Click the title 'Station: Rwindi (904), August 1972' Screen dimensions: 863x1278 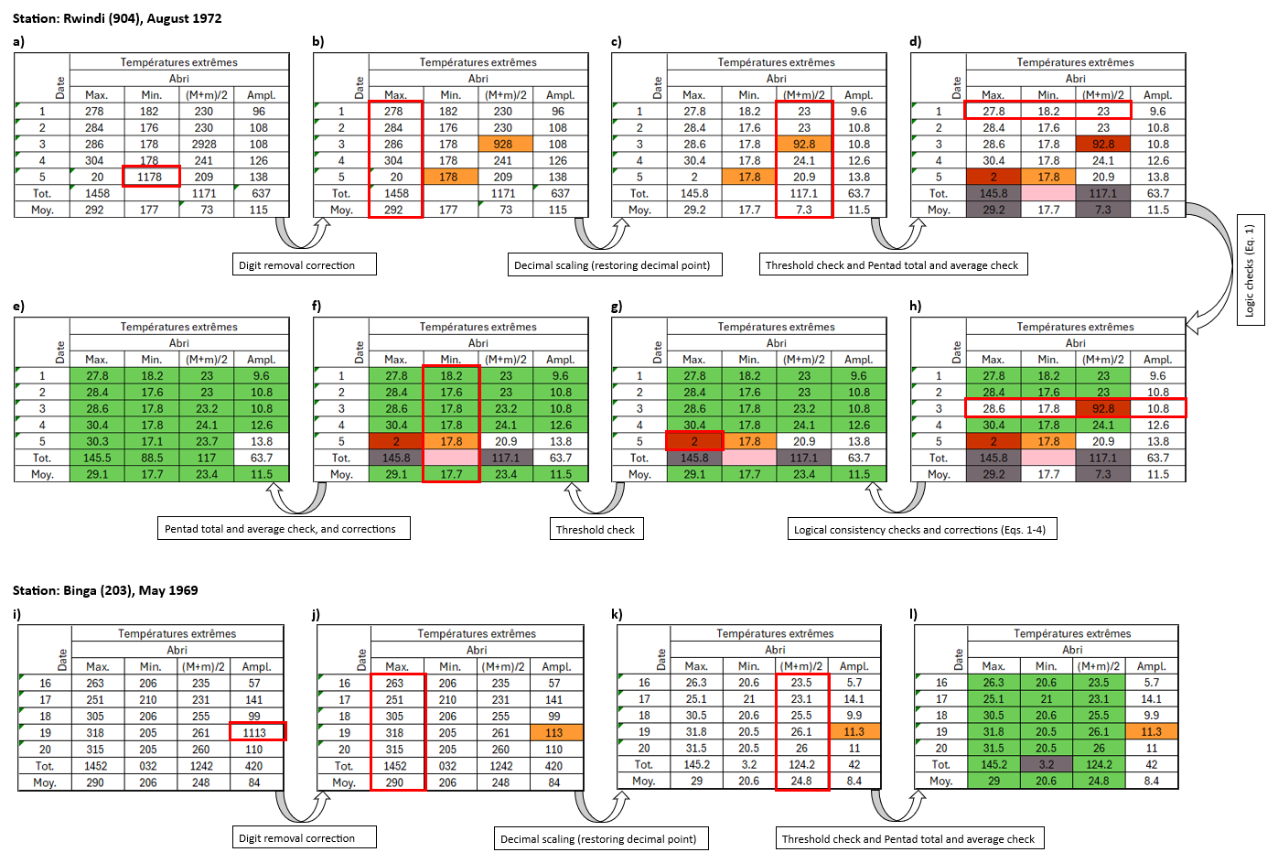(117, 18)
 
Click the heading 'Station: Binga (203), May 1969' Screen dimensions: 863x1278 (105, 590)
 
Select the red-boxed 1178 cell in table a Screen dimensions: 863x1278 (151, 177)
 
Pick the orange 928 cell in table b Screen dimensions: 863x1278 (504, 144)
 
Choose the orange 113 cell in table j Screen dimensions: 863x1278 (555, 732)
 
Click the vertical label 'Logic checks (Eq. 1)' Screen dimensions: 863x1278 (1250, 271)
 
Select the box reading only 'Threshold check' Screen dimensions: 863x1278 (596, 530)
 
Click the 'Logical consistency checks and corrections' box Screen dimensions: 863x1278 (922, 530)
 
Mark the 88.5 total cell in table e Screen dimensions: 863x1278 (152, 458)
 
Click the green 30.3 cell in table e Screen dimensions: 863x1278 (97, 441)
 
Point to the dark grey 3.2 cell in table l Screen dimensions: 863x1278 (1047, 764)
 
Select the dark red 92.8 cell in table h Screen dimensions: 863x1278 (1103, 408)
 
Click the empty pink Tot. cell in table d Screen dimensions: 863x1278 (1048, 193)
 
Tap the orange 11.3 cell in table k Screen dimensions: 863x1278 (854, 731)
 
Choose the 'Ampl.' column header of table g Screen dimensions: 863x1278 (859, 360)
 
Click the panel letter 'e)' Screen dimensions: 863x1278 (19, 306)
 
